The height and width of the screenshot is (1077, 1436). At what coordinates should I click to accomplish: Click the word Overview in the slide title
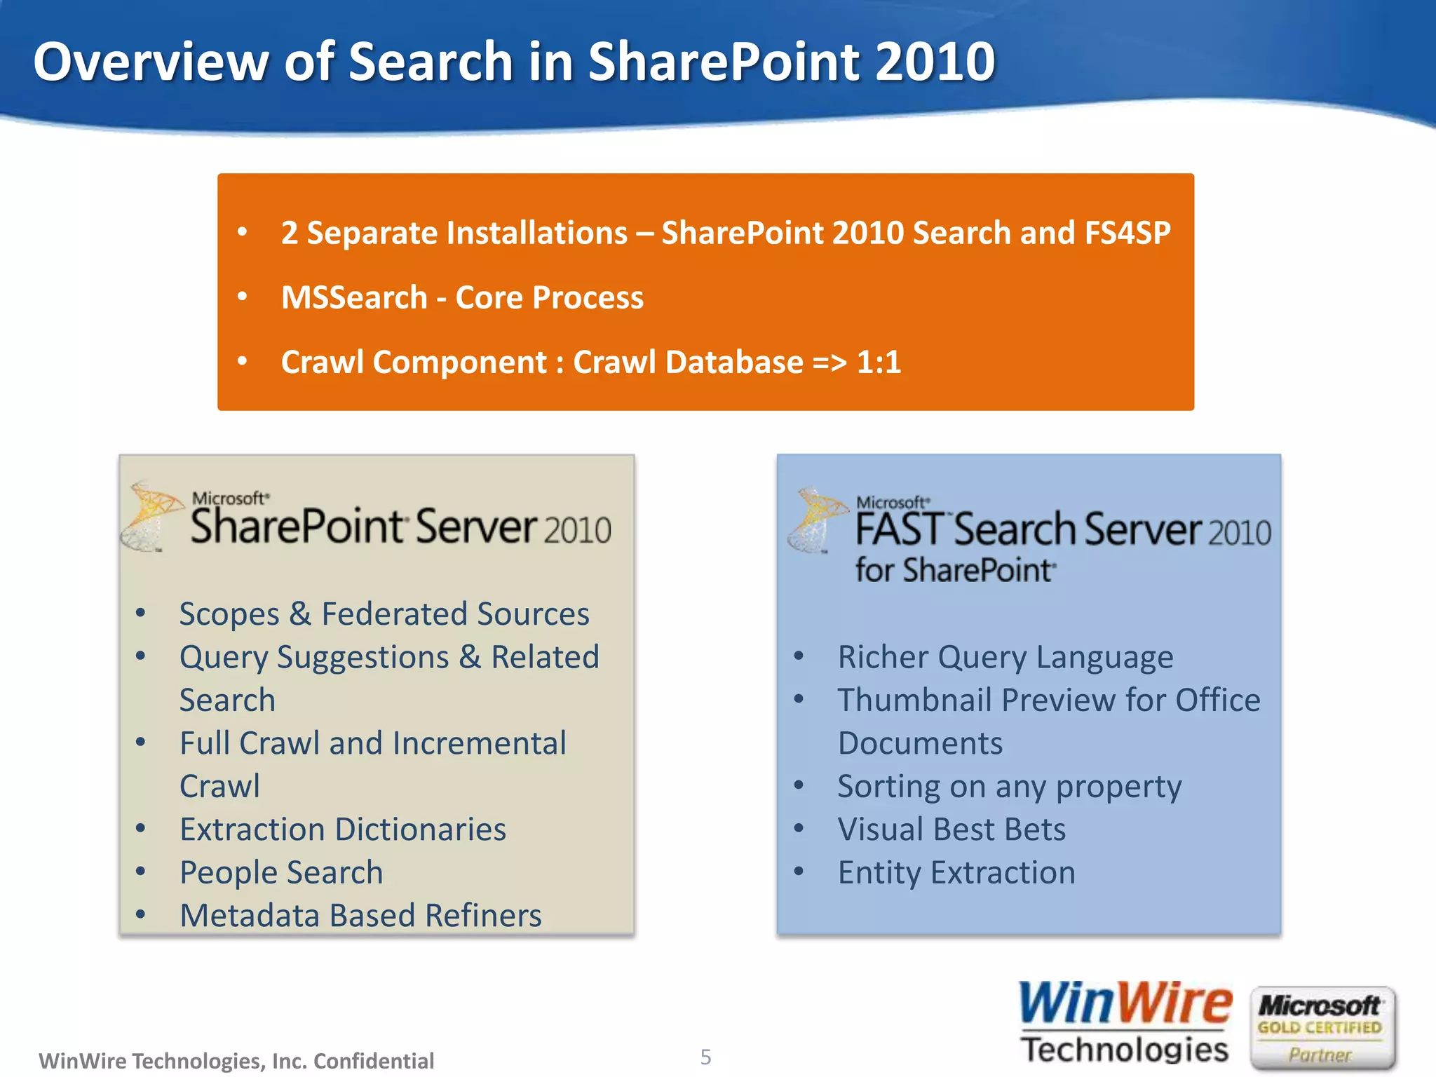(x=151, y=62)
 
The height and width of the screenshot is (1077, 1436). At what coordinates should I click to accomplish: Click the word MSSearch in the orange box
(x=354, y=297)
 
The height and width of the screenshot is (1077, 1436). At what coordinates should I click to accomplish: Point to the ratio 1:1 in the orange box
(x=879, y=363)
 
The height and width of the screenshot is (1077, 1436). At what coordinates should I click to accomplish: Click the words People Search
(x=281, y=873)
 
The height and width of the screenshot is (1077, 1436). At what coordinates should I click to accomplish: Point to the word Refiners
(x=483, y=916)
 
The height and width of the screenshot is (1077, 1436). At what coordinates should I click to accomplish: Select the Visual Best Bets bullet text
(x=951, y=829)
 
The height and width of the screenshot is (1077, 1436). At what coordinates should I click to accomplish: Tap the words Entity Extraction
(x=956, y=873)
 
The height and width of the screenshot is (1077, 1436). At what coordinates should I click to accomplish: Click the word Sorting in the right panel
(x=887, y=787)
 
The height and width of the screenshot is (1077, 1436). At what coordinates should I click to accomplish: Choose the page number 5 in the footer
(x=705, y=1057)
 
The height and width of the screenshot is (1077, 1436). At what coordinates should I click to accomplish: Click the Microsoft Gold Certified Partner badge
(x=1322, y=1028)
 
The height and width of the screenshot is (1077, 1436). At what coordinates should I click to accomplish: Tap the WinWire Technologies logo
(x=1124, y=1023)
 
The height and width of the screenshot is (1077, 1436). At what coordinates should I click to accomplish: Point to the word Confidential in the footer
(x=374, y=1061)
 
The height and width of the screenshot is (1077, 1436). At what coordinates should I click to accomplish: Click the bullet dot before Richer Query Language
(x=799, y=657)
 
